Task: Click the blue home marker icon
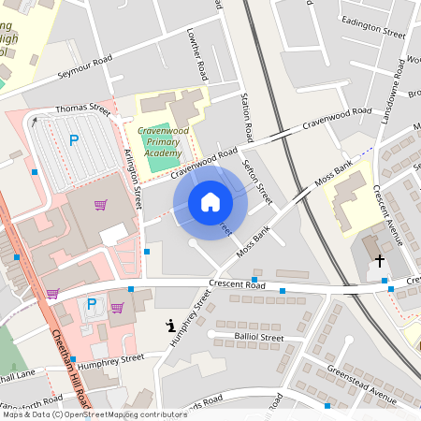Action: click(210, 202)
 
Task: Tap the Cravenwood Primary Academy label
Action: click(157, 141)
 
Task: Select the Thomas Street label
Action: click(82, 109)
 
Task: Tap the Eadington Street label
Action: click(372, 26)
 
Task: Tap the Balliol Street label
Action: click(257, 337)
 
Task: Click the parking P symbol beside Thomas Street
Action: click(73, 141)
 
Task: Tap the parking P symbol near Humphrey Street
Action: click(92, 304)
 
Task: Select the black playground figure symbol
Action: click(169, 326)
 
